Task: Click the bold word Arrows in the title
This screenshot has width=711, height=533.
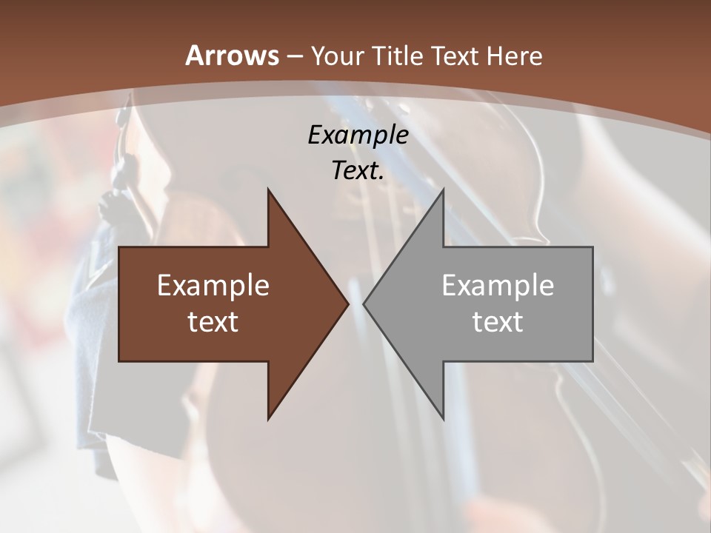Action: (231, 56)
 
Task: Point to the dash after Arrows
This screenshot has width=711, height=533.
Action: (294, 56)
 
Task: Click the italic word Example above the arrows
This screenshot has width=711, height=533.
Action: (358, 135)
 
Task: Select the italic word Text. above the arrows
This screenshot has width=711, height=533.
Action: (358, 170)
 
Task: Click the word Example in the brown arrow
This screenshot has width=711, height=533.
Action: (213, 285)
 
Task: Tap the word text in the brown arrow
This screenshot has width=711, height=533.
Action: (213, 321)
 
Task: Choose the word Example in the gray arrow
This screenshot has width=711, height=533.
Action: (498, 285)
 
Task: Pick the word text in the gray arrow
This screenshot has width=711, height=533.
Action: (498, 321)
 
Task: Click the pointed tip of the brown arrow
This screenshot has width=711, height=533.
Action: (347, 304)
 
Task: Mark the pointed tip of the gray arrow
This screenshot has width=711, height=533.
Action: (365, 304)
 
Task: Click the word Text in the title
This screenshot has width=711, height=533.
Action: (455, 56)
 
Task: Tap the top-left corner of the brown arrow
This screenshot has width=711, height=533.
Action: (120, 248)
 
